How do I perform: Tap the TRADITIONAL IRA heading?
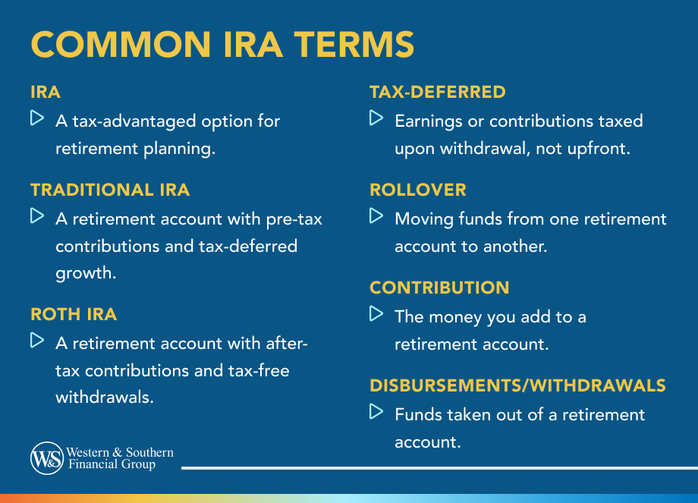click(110, 190)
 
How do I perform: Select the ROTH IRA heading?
click(74, 313)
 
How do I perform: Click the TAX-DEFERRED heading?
click(437, 92)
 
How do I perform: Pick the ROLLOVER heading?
click(418, 190)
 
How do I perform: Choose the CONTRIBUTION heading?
click(439, 288)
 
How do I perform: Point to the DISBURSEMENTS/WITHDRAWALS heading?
click(517, 385)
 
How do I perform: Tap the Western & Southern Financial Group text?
click(121, 458)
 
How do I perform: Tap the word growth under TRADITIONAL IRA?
click(86, 273)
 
